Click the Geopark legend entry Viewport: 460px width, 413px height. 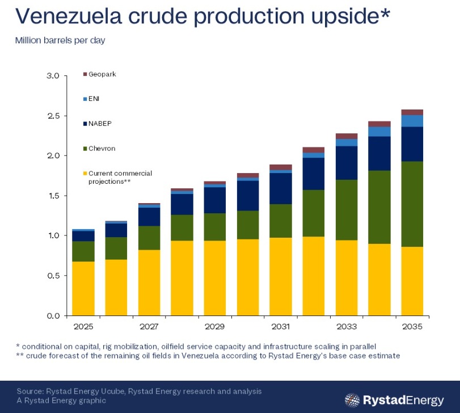pos(100,74)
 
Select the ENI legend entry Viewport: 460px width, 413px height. pos(91,99)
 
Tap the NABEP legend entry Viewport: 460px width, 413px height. pos(98,124)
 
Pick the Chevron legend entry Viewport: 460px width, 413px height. pos(99,149)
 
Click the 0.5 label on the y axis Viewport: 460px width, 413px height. pos(53,276)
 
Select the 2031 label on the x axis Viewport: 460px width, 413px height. pos(281,326)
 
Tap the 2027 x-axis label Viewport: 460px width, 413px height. pos(149,326)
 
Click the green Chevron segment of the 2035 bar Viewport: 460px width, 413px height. pos(412,204)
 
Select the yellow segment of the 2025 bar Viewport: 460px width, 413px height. pos(83,289)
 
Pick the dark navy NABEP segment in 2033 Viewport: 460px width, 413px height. pos(347,163)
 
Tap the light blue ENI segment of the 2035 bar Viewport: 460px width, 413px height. pos(412,121)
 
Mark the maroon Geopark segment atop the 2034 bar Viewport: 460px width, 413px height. pos(379,124)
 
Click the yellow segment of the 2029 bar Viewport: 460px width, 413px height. pos(215,279)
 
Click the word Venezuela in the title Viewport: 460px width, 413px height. pos(69,16)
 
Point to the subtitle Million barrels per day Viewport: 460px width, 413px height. pos(60,40)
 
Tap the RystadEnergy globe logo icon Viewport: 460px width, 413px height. pos(352,400)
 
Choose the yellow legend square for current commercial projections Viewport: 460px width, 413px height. pos(85,174)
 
